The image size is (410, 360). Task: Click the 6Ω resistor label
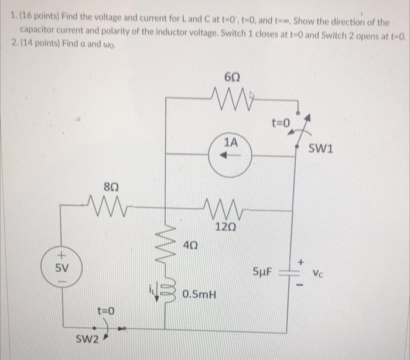pos(230,76)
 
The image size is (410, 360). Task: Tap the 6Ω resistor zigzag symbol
pos(230,97)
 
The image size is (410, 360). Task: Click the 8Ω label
pos(111,186)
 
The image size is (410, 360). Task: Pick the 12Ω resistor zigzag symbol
pos(223,207)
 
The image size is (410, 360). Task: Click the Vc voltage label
pos(319,273)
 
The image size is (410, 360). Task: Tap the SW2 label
pos(88,340)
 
